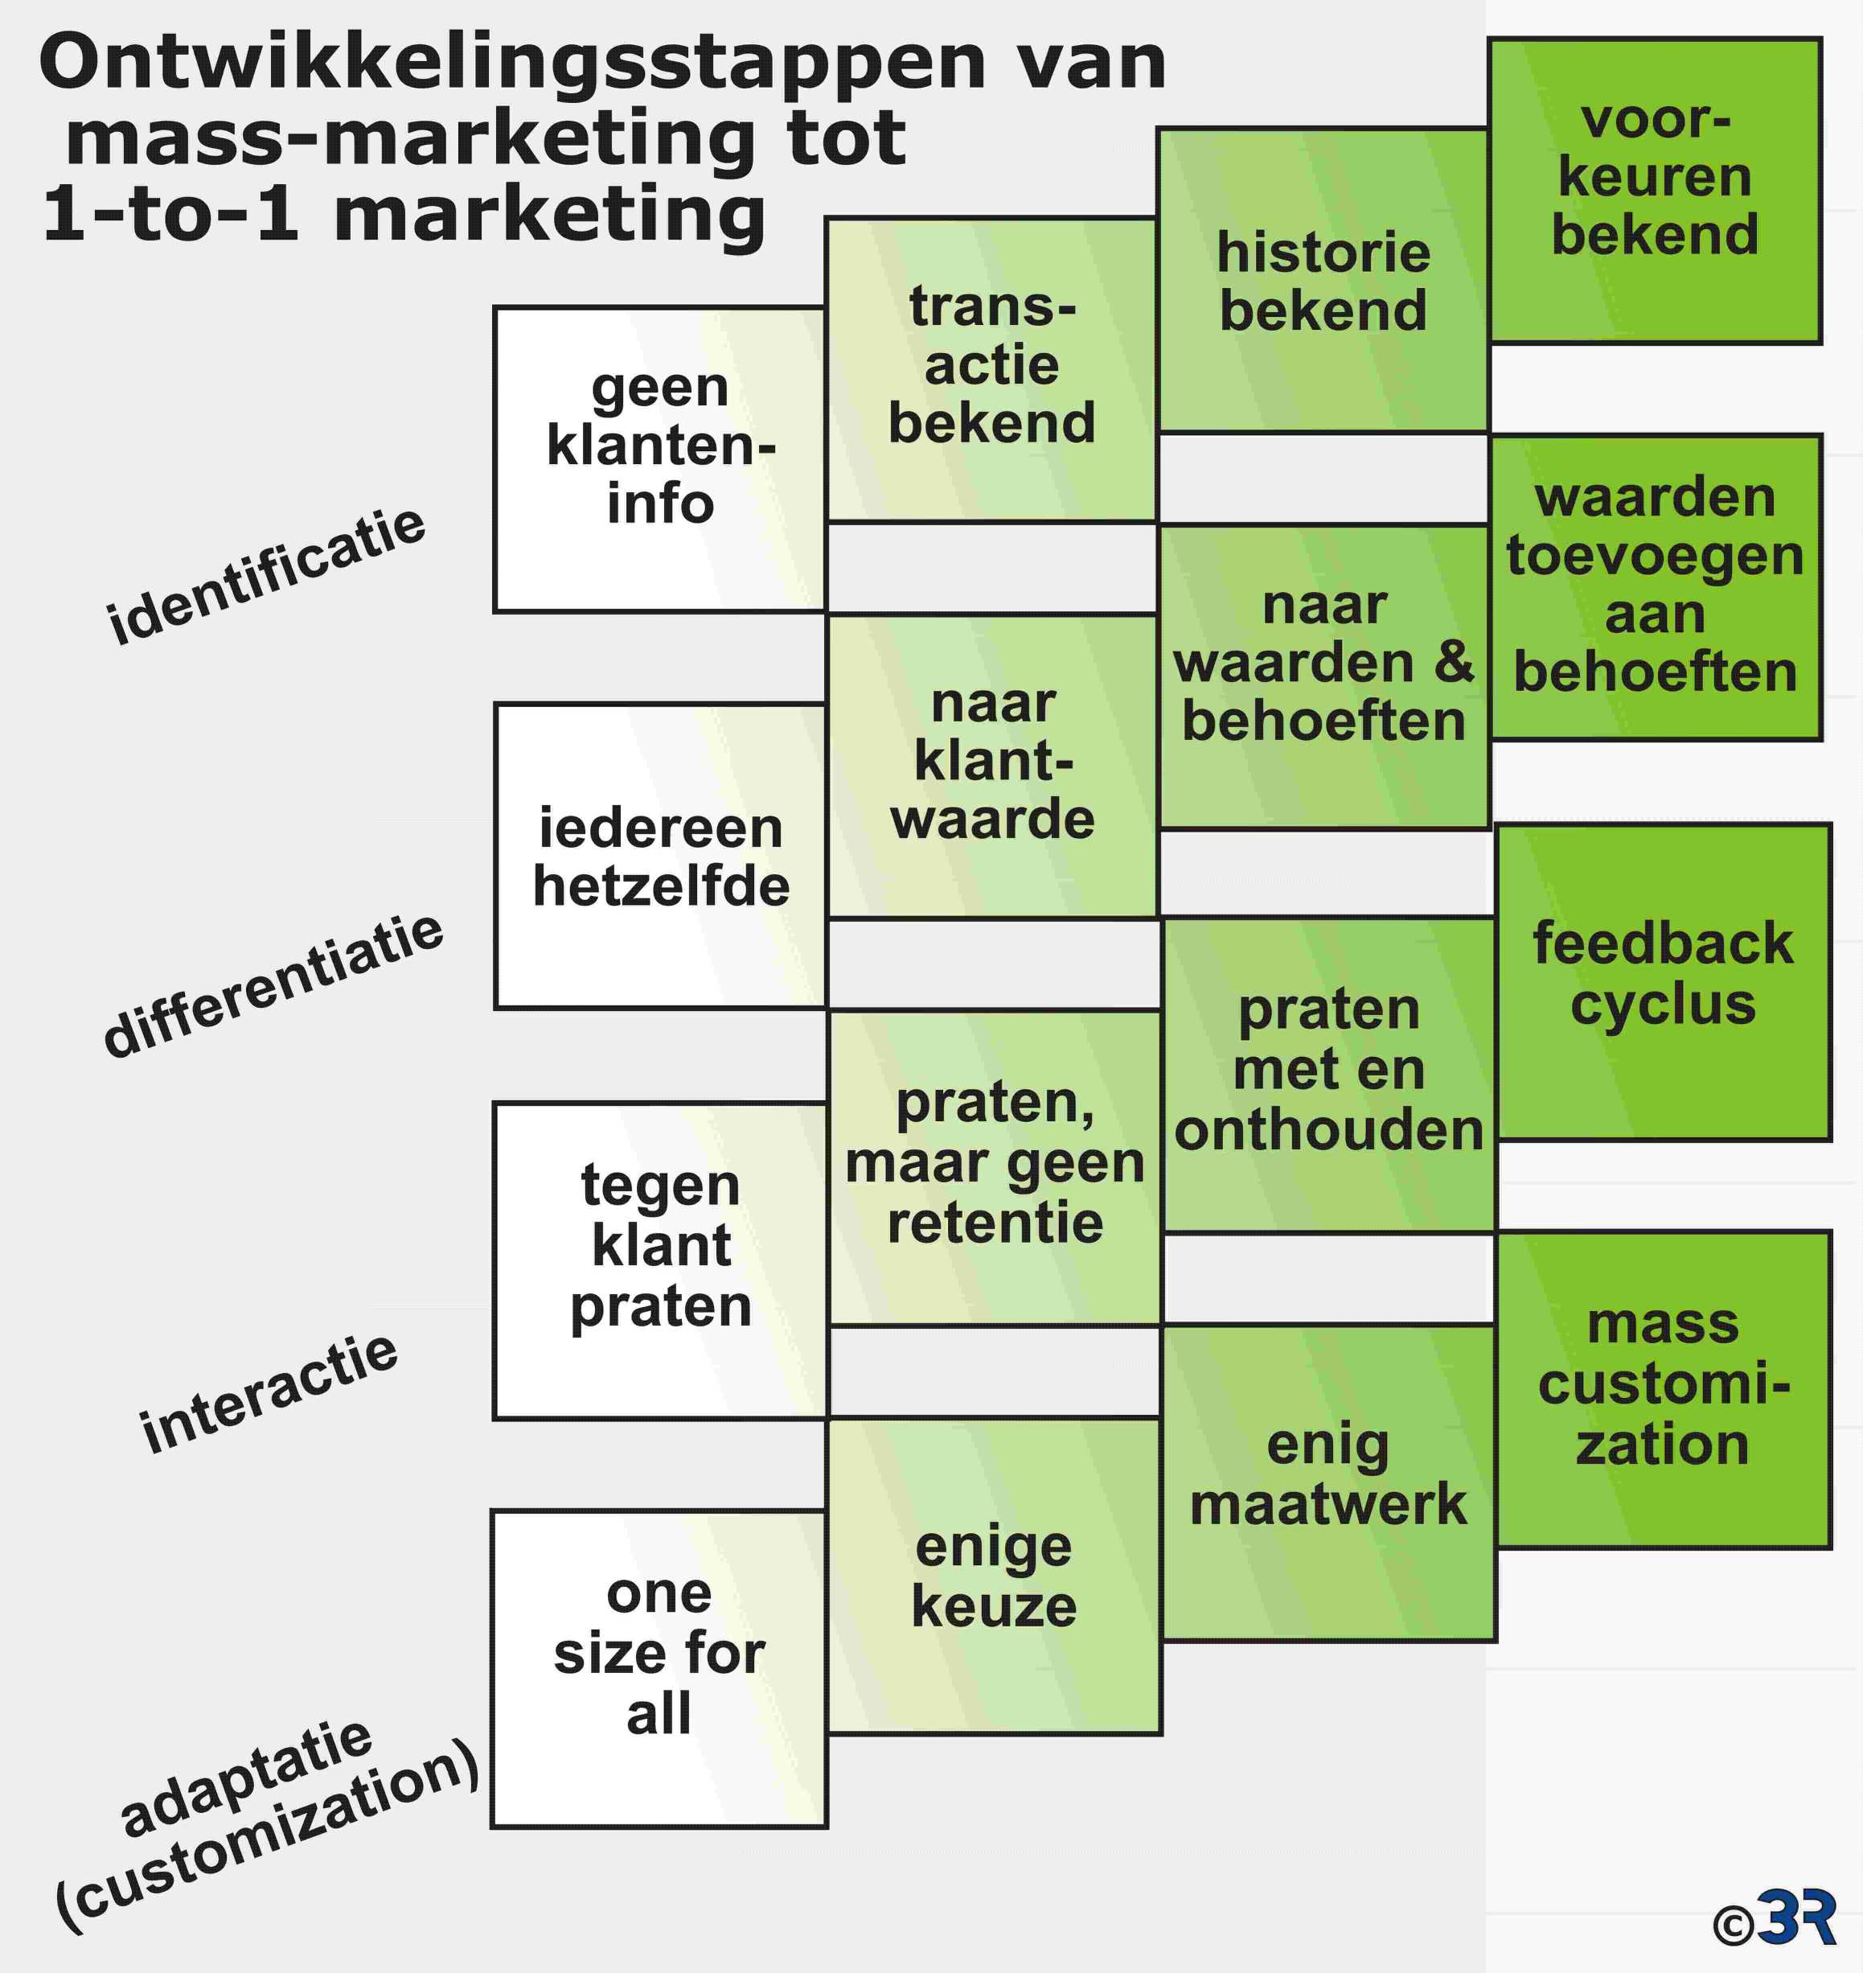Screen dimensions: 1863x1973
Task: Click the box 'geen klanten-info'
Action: click(659, 459)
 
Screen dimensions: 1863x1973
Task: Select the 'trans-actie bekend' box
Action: click(991, 369)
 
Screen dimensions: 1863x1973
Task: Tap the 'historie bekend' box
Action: click(1323, 280)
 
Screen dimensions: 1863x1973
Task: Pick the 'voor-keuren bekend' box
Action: click(1656, 191)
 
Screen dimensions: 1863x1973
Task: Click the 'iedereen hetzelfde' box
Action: click(660, 857)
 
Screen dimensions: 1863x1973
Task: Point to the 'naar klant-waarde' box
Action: click(993, 766)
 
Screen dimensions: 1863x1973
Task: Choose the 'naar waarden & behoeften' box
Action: click(1323, 676)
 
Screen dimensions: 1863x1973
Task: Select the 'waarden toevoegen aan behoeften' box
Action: click(1656, 587)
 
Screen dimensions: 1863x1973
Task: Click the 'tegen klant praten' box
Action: click(660, 1260)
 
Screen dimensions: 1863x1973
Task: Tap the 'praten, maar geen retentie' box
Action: click(995, 1167)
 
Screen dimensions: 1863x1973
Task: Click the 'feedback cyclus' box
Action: click(1664, 981)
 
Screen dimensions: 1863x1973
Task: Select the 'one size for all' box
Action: click(659, 1669)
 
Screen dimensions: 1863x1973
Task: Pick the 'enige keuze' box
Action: click(995, 1576)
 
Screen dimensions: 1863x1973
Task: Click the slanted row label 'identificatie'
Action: click(266, 576)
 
